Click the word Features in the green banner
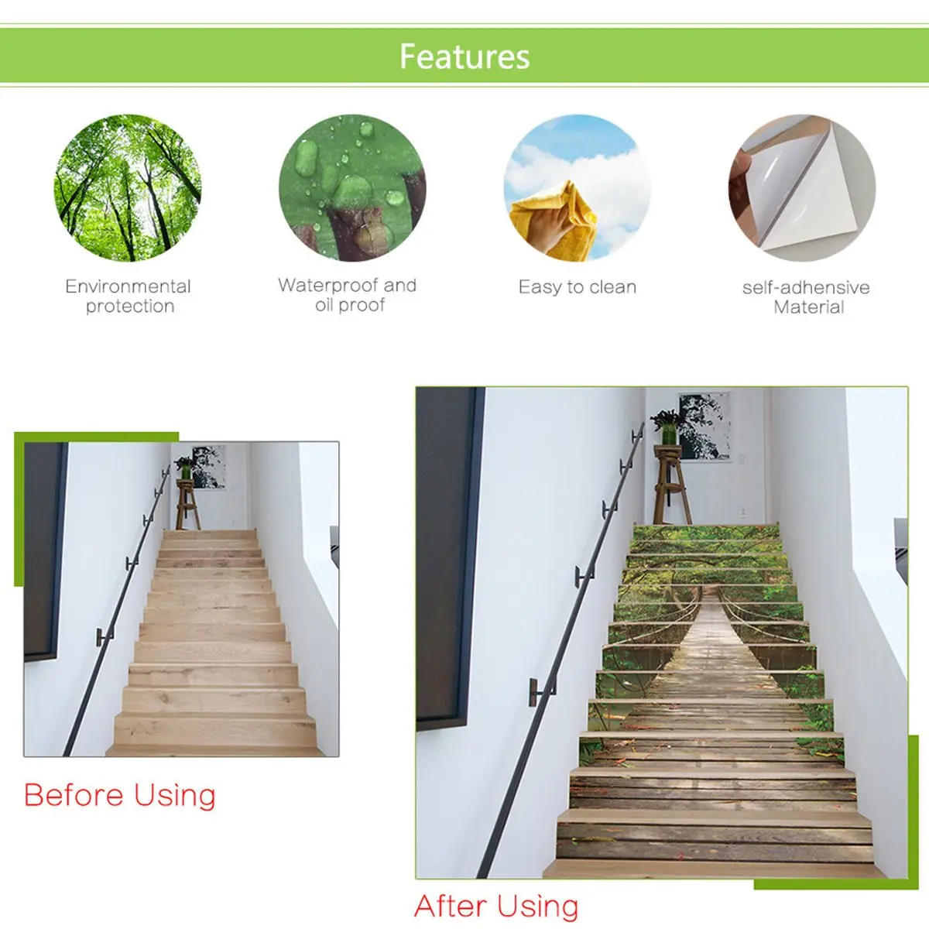coord(464,57)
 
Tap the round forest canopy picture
coord(127,188)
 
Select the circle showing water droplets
coord(352,188)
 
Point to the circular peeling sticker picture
coord(802,188)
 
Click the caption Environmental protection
coord(129,296)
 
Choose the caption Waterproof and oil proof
coord(348,294)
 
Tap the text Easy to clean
coord(578,287)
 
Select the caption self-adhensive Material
coord(807,297)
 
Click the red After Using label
coord(496,906)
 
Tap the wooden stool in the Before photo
coord(187,504)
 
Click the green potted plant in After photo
coord(667,428)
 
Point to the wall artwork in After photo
coord(704,425)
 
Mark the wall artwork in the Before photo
coord(209,468)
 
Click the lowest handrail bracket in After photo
coord(541,693)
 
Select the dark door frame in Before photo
coord(45,551)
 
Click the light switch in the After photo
coord(743,512)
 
